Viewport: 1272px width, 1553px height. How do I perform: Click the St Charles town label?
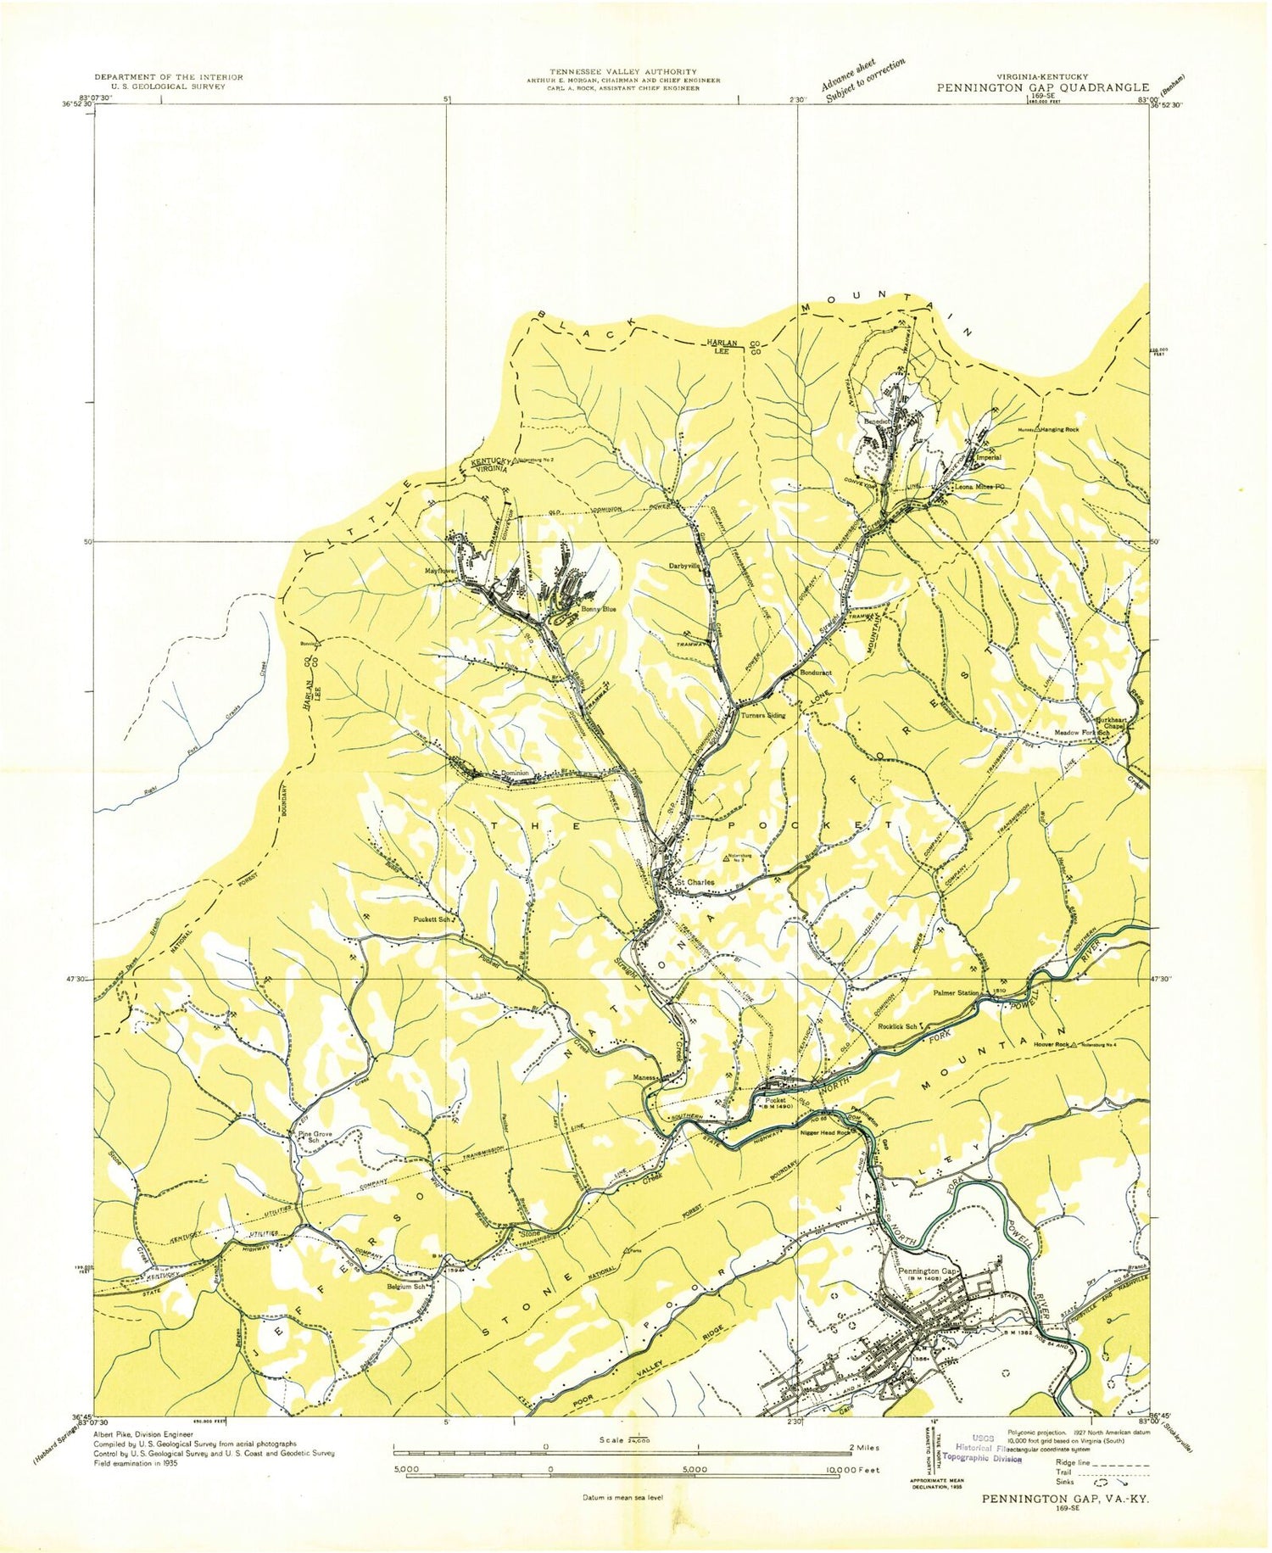pyautogui.click(x=695, y=882)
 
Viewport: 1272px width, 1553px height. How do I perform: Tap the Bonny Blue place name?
pyautogui.click(x=598, y=609)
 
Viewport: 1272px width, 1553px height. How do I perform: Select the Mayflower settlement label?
pyautogui.click(x=441, y=571)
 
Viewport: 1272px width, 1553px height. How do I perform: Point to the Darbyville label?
pyautogui.click(x=685, y=566)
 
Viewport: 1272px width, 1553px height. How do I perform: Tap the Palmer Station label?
pyautogui.click(x=956, y=992)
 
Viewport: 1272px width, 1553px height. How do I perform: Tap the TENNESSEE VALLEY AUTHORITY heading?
pyautogui.click(x=622, y=71)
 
